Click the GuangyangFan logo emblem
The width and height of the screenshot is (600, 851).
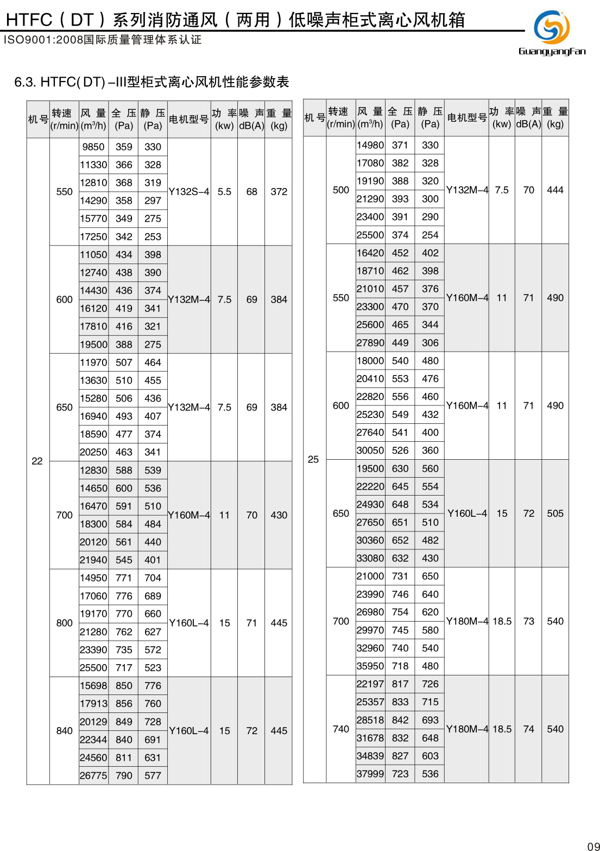(x=552, y=27)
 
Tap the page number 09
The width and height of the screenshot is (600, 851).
(x=593, y=846)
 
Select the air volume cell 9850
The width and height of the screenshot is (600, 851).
(x=93, y=147)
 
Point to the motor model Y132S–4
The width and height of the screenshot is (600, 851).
(x=189, y=192)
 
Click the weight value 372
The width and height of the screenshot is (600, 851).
(x=279, y=192)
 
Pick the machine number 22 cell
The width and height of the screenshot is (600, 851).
(x=37, y=461)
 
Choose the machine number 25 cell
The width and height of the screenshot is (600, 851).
(x=313, y=459)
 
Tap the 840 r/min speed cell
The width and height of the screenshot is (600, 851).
(x=64, y=731)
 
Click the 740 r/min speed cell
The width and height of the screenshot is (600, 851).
(x=341, y=729)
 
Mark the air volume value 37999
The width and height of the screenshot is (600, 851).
(x=370, y=774)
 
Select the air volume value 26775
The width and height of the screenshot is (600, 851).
(x=93, y=775)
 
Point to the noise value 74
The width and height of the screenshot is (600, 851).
(x=528, y=729)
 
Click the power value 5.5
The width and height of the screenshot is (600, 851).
(x=224, y=192)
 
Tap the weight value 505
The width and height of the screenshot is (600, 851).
(x=555, y=514)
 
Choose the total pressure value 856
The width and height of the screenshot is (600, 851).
(x=124, y=704)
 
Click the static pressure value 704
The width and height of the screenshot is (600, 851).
(x=153, y=578)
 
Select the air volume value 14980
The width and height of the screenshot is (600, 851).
(x=370, y=145)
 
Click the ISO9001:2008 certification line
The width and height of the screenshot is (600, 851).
(x=103, y=40)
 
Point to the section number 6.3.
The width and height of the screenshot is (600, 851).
(x=25, y=82)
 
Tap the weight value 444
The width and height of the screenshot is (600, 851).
(x=555, y=190)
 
